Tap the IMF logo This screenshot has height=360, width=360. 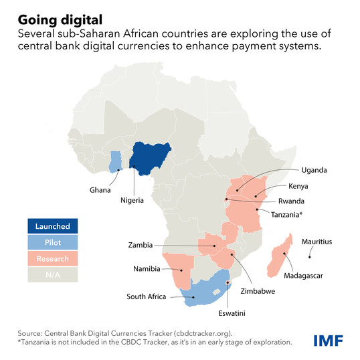(x=328, y=340)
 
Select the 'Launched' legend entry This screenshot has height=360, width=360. (x=53, y=226)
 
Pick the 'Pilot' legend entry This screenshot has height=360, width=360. (x=53, y=242)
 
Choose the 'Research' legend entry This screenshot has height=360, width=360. (x=53, y=258)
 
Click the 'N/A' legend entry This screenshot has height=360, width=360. (x=53, y=274)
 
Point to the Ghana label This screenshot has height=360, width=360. (x=100, y=190)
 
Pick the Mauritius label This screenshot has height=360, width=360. (x=317, y=241)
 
